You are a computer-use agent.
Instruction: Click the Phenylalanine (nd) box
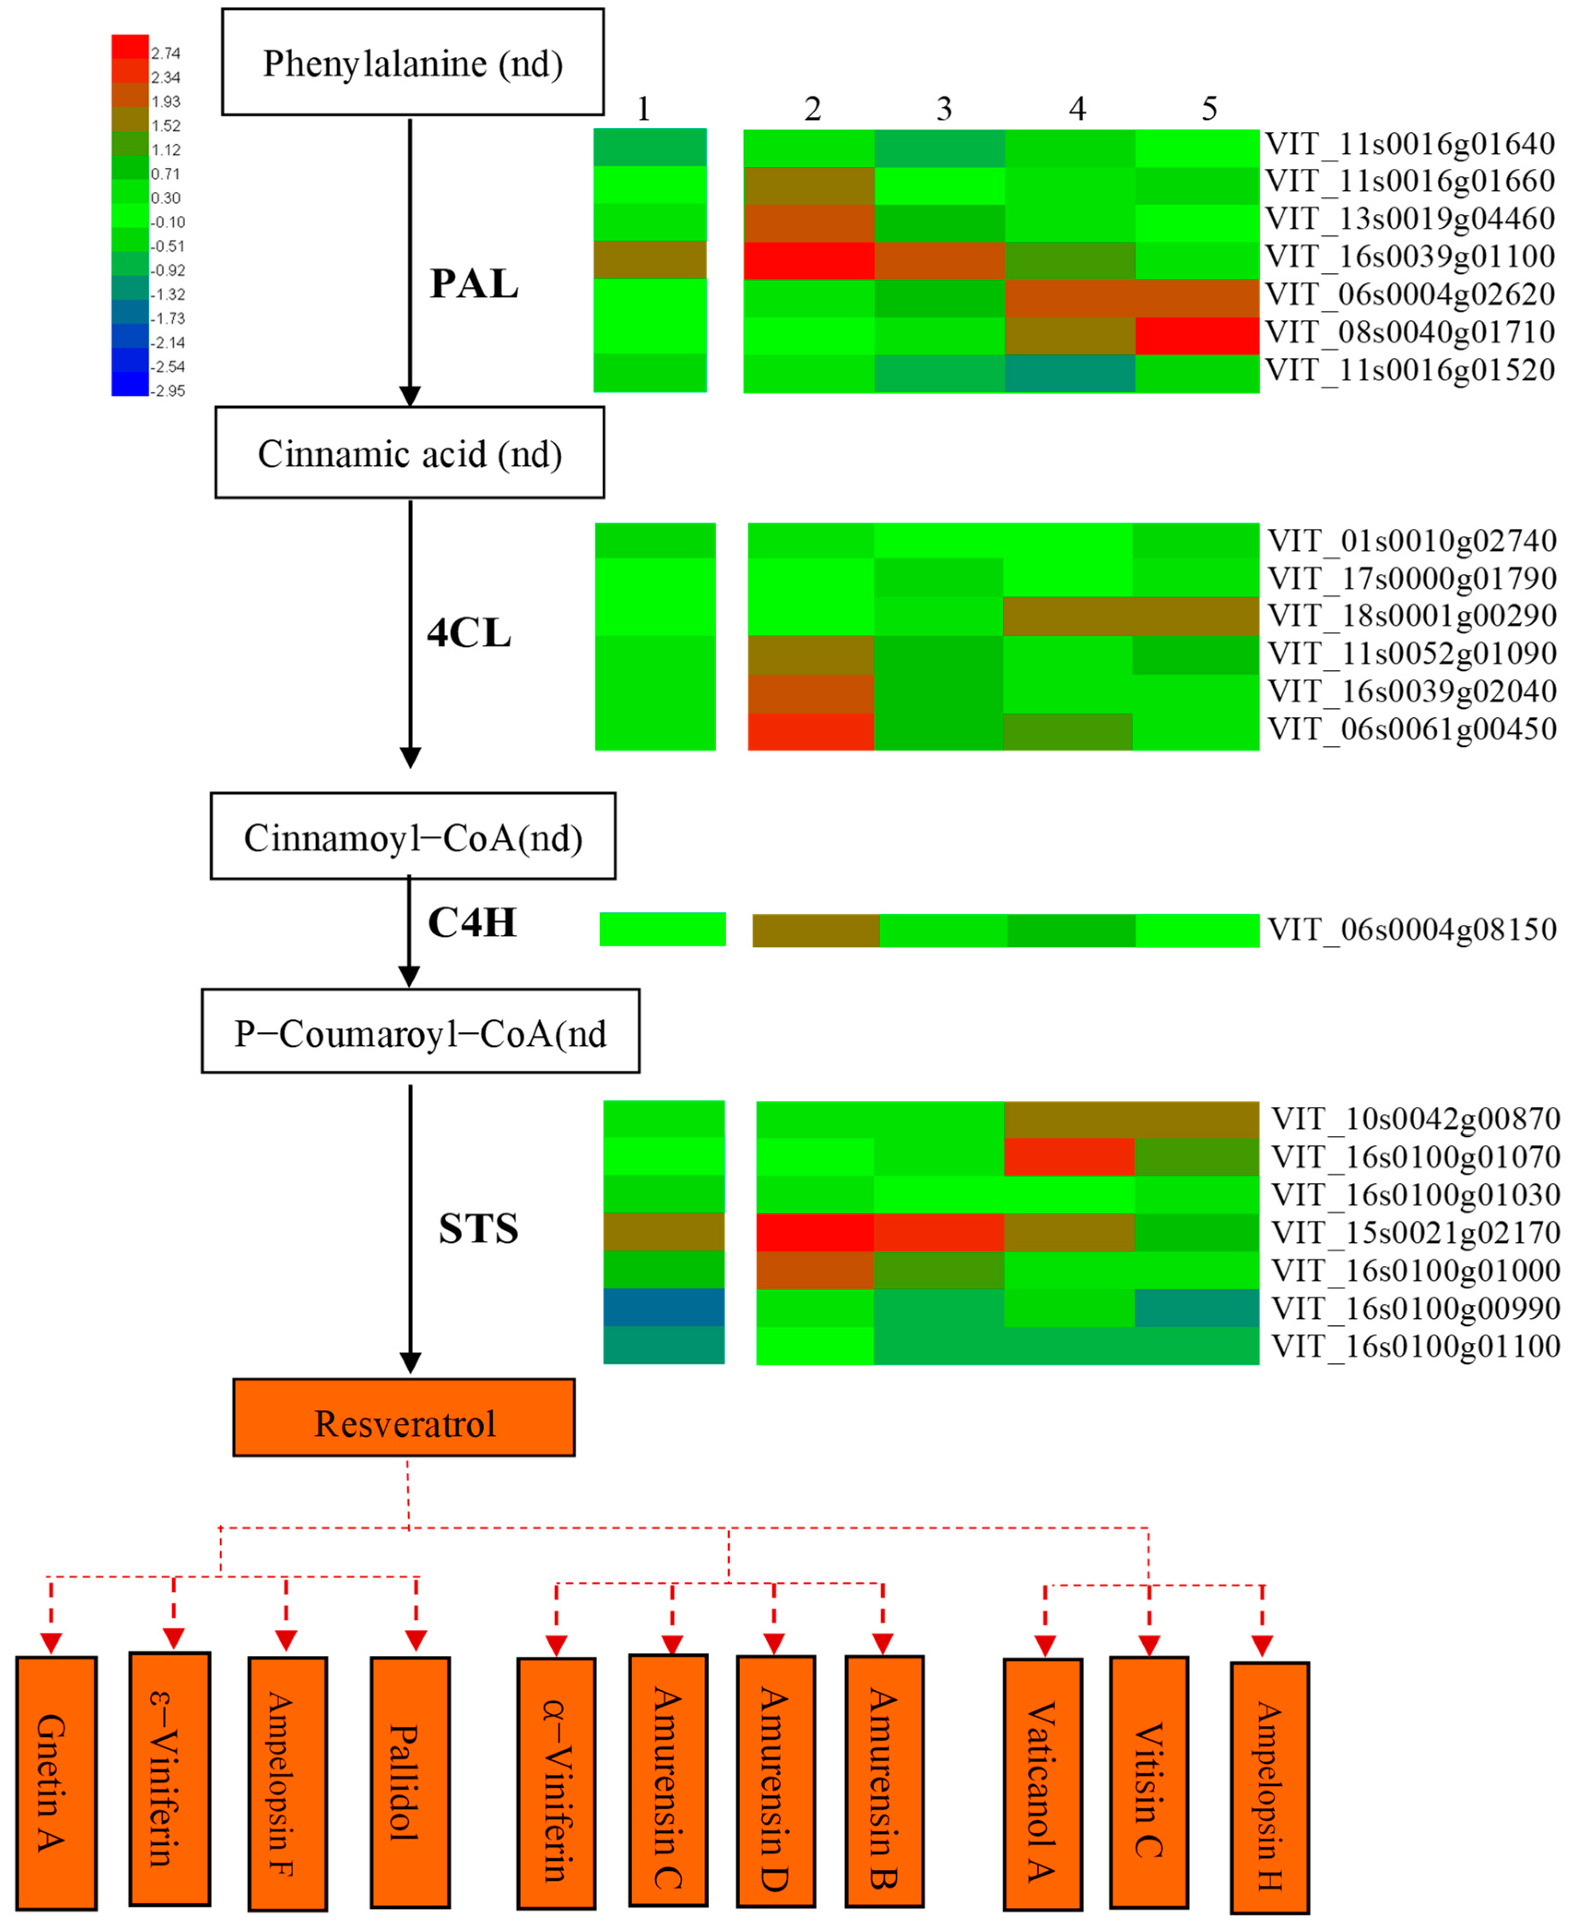pos(412,62)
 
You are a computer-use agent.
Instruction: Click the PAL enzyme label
pos(474,284)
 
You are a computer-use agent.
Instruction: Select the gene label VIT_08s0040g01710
pos(1410,332)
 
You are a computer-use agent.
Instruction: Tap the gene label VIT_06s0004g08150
pos(1412,929)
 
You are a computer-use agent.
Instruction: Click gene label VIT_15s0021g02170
pos(1415,1232)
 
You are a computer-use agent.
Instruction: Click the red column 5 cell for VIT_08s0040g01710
pos(1196,336)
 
